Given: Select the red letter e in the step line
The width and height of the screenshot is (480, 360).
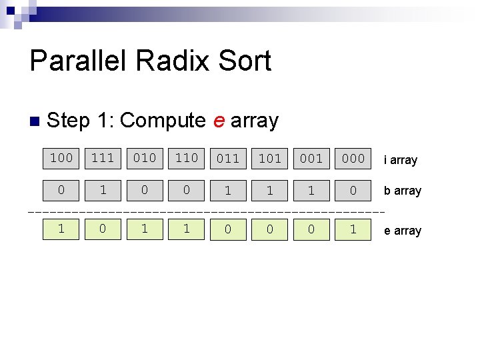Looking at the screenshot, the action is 218,121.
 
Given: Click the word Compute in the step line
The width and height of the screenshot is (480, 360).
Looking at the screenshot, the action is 163,121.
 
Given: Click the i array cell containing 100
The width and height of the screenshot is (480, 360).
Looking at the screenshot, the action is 61,158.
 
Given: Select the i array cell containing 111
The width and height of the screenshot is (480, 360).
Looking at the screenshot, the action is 103,158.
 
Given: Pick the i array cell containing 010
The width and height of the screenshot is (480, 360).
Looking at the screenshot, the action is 145,158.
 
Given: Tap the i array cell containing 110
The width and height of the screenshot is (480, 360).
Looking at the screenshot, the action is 186,158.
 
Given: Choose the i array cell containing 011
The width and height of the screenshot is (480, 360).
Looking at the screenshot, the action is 228,159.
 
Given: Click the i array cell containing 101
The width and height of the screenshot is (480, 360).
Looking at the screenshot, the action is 269,159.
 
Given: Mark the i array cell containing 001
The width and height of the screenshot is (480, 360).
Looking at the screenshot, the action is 311,159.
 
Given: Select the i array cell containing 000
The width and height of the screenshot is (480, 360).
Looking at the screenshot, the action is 353,159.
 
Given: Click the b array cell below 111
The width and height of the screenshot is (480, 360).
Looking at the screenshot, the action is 103,190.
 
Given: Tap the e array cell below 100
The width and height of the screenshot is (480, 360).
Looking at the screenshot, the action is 61,229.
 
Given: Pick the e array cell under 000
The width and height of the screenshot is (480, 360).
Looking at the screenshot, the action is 353,229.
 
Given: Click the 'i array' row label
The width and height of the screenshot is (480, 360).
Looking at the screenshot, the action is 400,160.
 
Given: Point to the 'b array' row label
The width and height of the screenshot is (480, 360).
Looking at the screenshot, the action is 402,191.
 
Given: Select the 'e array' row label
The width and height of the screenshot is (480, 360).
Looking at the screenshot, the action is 402,231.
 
